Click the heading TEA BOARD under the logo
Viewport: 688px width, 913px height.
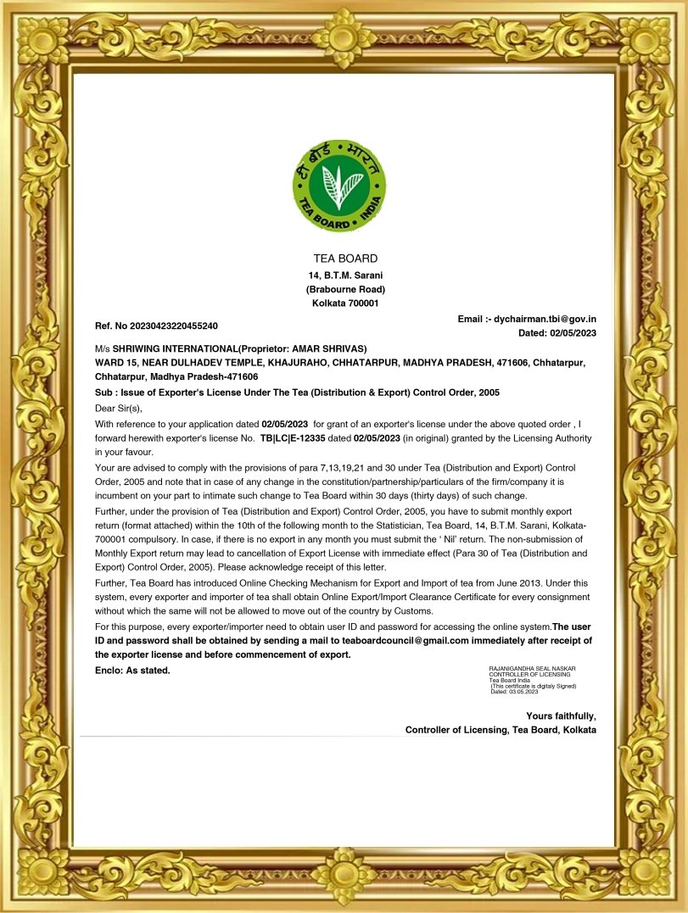click(x=345, y=259)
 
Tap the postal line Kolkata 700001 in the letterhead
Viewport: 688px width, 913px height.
click(x=345, y=303)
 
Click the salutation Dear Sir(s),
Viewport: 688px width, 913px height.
click(x=119, y=408)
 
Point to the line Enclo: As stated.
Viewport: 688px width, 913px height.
click(x=132, y=671)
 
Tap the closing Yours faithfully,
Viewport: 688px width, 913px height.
click(x=561, y=715)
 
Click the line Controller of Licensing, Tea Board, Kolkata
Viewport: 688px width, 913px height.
click(x=501, y=730)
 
